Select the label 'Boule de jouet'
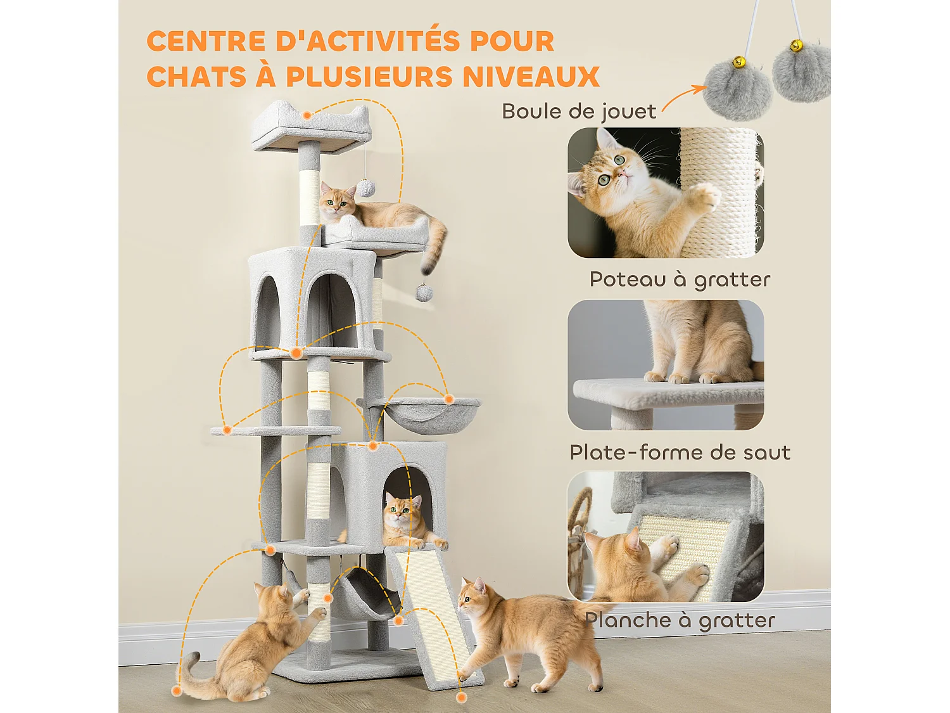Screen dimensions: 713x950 pyautogui.click(x=579, y=112)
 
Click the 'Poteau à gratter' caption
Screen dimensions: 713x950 pyautogui.click(x=680, y=279)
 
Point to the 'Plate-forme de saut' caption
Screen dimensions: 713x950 pyautogui.click(x=680, y=453)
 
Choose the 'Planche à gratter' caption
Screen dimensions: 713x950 pyautogui.click(x=680, y=620)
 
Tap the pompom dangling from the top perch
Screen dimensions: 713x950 pyautogui.click(x=365, y=188)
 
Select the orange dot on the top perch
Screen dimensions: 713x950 pyautogui.click(x=307, y=115)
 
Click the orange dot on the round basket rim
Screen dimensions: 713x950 pyautogui.click(x=448, y=399)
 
